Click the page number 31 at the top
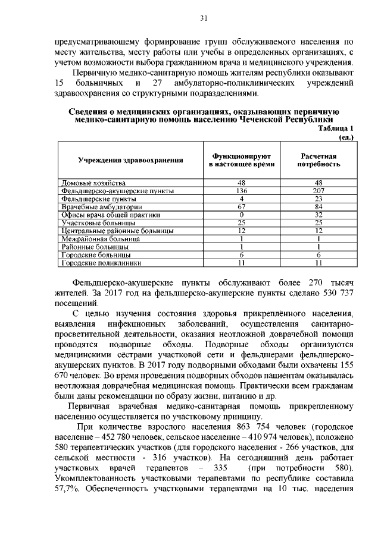[x=204, y=18]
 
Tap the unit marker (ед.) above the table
[x=346, y=137]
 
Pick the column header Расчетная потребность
[x=319, y=159]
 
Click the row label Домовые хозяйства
[x=94, y=183]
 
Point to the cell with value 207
[x=319, y=191]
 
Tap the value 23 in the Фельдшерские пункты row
[x=319, y=199]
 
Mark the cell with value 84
[x=319, y=206]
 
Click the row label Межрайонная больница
[x=101, y=238]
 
